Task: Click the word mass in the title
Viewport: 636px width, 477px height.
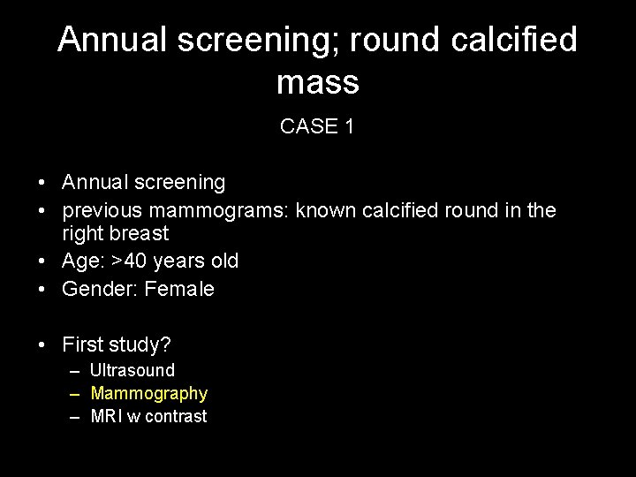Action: (x=317, y=83)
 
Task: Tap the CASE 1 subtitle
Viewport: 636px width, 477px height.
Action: (x=317, y=126)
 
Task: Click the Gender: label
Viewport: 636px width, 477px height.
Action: (x=89, y=289)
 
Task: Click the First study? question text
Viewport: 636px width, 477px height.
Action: (x=116, y=344)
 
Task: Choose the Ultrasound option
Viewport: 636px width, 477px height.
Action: (x=132, y=370)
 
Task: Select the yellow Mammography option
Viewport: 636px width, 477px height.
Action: (x=148, y=393)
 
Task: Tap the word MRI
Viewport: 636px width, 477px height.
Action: (x=108, y=416)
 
